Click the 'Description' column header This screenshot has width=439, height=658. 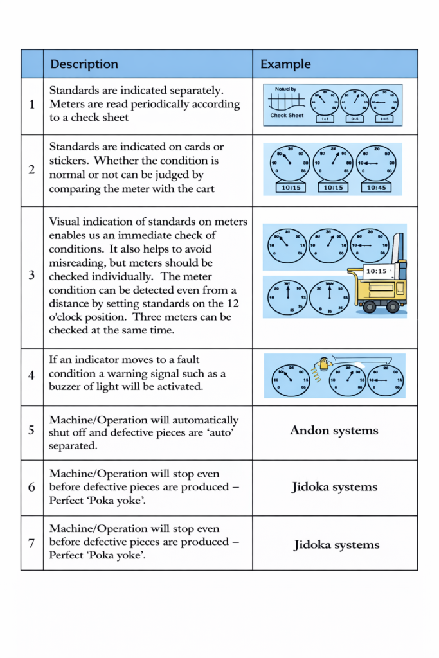[84, 64]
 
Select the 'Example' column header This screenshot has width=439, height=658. [285, 64]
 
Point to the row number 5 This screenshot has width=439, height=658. [32, 430]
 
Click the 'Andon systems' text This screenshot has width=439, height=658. [334, 431]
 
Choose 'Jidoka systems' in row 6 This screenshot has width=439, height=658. [334, 486]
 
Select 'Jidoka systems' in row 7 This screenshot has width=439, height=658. [336, 545]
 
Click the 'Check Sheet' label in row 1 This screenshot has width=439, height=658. [287, 116]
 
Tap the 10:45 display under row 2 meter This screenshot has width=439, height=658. [376, 187]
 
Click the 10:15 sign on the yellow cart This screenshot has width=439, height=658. [376, 271]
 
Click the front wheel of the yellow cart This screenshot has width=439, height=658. [369, 307]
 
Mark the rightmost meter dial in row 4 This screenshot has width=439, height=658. [386, 380]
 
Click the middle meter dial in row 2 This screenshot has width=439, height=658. [333, 163]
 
